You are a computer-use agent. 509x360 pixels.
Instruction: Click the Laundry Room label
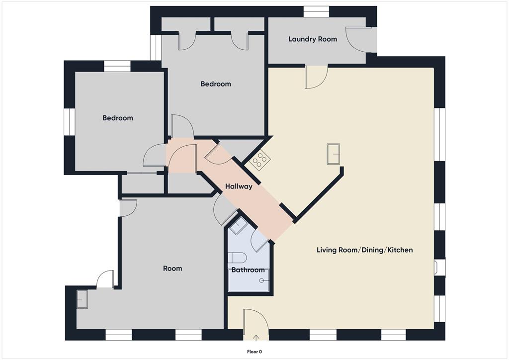(313, 39)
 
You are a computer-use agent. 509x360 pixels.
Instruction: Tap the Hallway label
(239, 186)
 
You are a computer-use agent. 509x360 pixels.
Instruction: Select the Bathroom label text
(248, 270)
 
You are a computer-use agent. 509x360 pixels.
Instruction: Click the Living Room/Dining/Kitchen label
(364, 250)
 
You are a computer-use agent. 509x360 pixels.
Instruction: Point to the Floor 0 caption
(254, 352)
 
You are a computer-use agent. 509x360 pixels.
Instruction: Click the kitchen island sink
(333, 154)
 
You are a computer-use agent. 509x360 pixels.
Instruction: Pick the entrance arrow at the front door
(256, 338)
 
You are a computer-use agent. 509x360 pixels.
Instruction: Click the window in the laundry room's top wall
(316, 11)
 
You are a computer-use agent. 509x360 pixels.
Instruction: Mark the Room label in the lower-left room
(172, 269)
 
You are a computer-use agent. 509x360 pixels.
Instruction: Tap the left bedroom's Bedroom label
(118, 118)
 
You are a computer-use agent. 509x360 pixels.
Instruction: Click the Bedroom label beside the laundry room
(216, 84)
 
